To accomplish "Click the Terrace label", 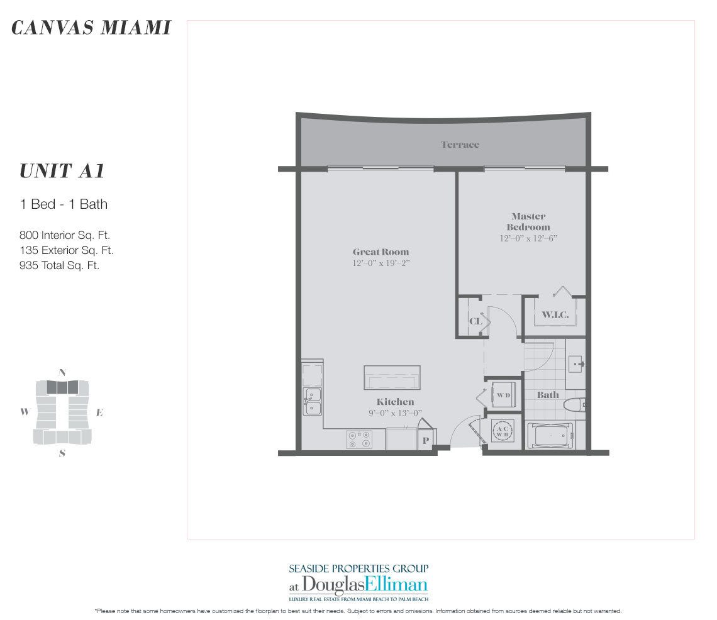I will [460, 145].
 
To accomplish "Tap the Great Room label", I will [381, 252].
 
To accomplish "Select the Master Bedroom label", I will [528, 221].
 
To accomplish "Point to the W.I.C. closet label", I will [555, 314].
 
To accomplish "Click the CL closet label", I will [475, 321].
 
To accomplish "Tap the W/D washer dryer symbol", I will [503, 396].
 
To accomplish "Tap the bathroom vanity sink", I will [576, 363].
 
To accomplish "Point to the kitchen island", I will [392, 378].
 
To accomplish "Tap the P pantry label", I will [426, 441].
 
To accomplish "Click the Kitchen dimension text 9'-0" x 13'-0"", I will [395, 413].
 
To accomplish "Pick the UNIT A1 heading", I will [61, 171].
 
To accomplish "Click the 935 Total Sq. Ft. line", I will [59, 265].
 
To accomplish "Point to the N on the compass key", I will [62, 372].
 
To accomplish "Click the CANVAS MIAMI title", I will [91, 28].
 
